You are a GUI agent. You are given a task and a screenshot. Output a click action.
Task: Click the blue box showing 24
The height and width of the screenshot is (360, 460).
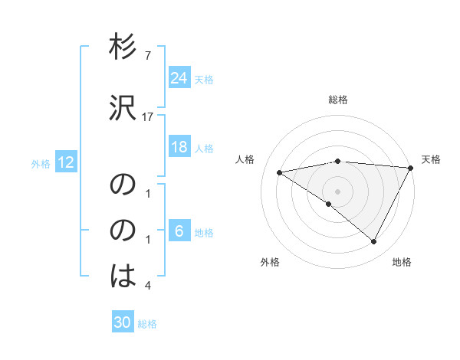click(179, 77)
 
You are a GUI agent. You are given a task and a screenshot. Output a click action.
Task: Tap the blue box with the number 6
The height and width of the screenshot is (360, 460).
click(179, 231)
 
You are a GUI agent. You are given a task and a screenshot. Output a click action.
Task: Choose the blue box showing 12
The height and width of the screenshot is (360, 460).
click(65, 162)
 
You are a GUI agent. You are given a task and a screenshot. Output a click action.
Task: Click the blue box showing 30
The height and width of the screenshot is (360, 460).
click(123, 322)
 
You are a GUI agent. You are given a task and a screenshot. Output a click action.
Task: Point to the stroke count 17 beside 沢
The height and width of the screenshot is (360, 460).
click(148, 117)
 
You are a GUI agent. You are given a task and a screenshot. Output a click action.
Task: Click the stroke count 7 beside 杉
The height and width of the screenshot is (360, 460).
click(148, 56)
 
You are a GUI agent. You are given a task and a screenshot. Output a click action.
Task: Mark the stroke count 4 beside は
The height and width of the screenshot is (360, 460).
click(148, 286)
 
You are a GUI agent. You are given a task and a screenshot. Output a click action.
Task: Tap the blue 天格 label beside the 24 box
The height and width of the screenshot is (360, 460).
click(204, 79)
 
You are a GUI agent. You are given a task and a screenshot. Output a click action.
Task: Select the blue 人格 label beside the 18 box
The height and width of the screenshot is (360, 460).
click(204, 148)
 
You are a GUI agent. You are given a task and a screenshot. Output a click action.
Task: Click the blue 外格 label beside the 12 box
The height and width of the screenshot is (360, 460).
click(41, 163)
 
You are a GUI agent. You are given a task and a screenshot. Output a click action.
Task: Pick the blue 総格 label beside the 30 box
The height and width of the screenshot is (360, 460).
click(147, 324)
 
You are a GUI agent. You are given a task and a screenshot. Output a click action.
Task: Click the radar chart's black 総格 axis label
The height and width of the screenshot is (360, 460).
click(338, 100)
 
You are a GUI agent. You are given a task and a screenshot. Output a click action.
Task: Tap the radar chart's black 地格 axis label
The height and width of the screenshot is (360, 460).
click(402, 262)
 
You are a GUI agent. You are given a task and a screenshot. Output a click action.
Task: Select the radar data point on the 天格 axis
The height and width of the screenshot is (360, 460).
click(411, 168)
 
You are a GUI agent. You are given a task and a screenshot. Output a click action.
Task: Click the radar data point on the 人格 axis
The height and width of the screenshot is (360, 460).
click(280, 172)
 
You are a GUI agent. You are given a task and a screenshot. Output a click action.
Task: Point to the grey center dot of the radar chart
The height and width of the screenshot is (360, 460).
click(337, 191)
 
